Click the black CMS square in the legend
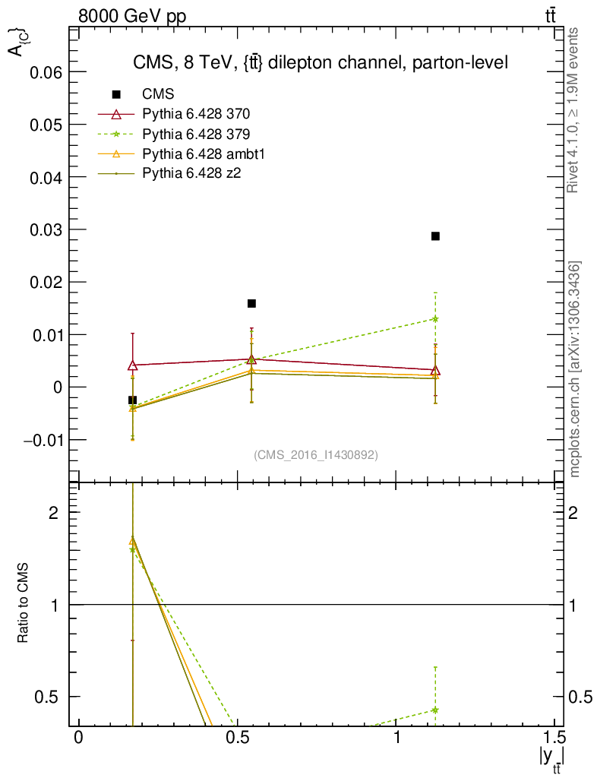(x=116, y=95)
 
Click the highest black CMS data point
(x=435, y=236)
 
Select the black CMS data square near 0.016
(x=251, y=304)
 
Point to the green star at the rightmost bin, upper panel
(x=435, y=318)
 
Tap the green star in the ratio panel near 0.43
(x=435, y=710)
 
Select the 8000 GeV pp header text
(x=132, y=15)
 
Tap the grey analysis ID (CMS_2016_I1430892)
(x=316, y=454)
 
